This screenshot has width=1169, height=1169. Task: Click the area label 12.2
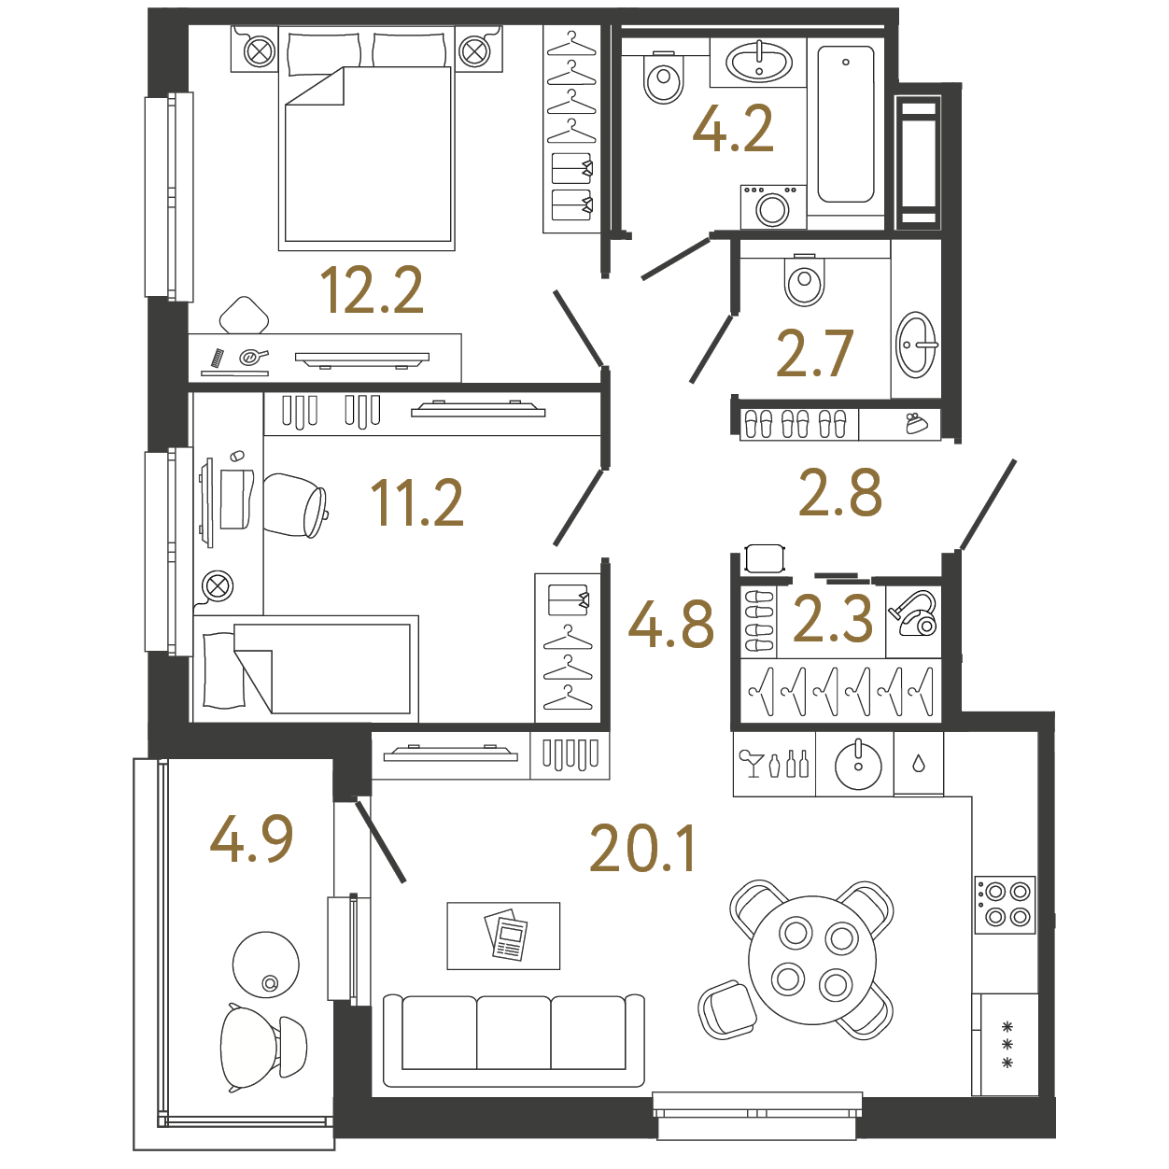(372, 291)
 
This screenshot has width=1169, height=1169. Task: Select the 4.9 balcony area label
(251, 839)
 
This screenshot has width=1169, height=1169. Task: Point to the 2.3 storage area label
(832, 618)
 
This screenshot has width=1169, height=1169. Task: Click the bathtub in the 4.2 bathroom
(846, 124)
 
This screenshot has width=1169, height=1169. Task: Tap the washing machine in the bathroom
(773, 207)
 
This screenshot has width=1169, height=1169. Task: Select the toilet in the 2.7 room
(805, 279)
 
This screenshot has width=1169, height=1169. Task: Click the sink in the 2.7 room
(916, 345)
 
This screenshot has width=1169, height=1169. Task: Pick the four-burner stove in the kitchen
(1005, 905)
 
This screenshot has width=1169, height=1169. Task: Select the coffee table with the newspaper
(503, 937)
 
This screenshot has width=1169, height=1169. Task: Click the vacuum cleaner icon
(913, 614)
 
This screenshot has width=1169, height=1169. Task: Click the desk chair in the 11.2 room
(295, 506)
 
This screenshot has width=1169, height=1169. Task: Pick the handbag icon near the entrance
(916, 424)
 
